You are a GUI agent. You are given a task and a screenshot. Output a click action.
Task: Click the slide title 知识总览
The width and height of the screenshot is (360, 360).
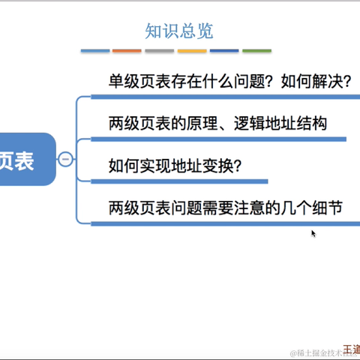coord(178,31)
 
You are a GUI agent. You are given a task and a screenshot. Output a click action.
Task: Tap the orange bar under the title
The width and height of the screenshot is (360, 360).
coord(127,51)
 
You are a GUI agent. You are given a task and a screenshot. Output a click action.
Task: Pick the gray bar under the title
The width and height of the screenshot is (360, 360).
coord(159,51)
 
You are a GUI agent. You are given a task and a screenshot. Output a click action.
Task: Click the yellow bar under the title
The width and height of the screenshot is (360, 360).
coord(191,51)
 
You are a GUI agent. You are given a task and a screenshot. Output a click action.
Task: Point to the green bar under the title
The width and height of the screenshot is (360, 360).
coord(256,51)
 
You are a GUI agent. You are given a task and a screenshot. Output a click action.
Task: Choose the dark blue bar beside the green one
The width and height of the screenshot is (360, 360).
coord(224,51)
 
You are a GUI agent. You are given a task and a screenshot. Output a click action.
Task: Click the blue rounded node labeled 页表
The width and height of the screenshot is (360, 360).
coord(22,160)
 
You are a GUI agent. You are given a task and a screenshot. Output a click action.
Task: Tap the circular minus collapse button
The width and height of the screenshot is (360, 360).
coord(66,160)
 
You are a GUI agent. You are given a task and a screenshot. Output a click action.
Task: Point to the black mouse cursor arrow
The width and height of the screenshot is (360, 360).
coord(313,233)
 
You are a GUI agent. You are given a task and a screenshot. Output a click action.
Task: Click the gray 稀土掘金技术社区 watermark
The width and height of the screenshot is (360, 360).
coord(322,352)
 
